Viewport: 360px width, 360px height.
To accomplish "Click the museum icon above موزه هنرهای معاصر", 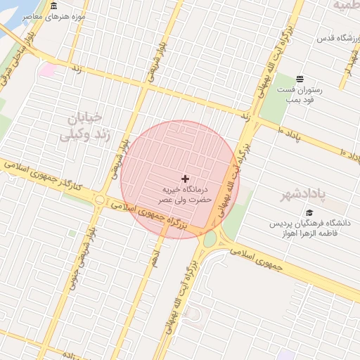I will [54, 6].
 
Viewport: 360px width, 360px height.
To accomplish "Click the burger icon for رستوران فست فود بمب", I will [300, 79].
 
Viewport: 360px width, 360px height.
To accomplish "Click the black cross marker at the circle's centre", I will [185, 179].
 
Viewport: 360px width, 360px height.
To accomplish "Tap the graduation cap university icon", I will [309, 212].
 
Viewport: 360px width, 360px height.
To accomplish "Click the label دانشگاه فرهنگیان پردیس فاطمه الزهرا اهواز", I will [309, 229].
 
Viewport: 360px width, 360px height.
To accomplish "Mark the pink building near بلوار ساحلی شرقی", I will [47, 70].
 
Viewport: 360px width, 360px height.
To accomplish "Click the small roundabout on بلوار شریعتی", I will [99, 201].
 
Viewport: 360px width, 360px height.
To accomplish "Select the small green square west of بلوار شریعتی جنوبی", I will [72, 233].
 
